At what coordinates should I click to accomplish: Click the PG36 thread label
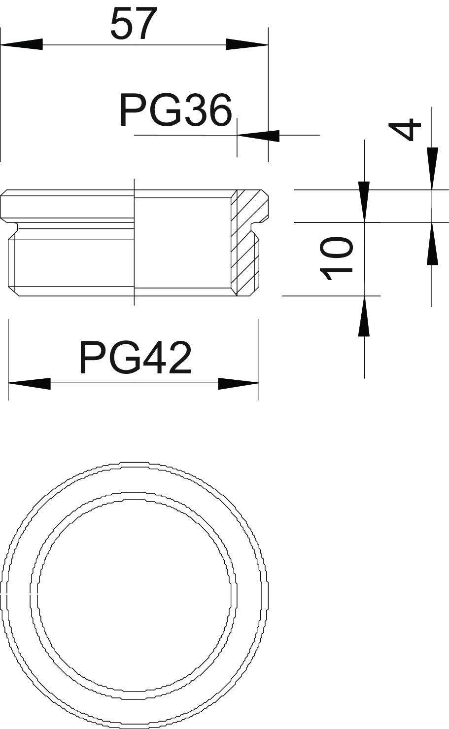(x=175, y=110)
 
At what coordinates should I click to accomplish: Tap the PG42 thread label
(x=135, y=357)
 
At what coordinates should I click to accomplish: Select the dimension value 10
(x=336, y=259)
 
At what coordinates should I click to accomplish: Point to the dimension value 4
(x=405, y=129)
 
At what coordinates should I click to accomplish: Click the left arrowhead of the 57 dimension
(x=22, y=44)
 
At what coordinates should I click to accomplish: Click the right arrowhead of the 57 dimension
(x=247, y=44)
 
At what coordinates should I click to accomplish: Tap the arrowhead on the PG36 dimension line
(x=258, y=136)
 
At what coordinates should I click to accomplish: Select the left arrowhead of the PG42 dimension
(x=29, y=384)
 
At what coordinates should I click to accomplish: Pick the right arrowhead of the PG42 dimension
(x=239, y=384)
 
